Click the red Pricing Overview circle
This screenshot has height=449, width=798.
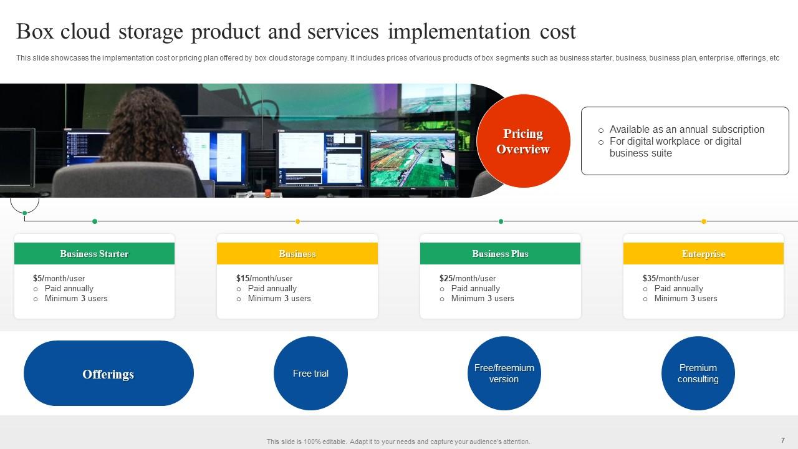pyautogui.click(x=523, y=141)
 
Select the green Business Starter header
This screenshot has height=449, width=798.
pyautogui.click(x=94, y=254)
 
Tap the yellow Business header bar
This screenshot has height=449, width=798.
pyautogui.click(x=297, y=254)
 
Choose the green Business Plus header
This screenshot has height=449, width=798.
pyautogui.click(x=500, y=254)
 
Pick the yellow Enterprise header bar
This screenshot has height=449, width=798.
pyautogui.click(x=703, y=254)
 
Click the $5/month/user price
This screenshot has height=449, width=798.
pyautogui.click(x=59, y=278)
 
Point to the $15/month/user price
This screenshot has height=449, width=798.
pyautogui.click(x=264, y=278)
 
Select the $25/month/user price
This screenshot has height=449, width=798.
pyautogui.click(x=467, y=278)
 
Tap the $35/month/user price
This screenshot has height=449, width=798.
pyautogui.click(x=670, y=278)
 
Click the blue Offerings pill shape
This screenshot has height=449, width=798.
pyautogui.click(x=108, y=374)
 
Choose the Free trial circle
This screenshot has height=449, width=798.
pyautogui.click(x=310, y=373)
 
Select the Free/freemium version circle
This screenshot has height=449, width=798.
pyautogui.click(x=504, y=373)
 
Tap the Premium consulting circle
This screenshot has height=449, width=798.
pyautogui.click(x=698, y=373)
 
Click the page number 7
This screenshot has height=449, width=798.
pyautogui.click(x=782, y=440)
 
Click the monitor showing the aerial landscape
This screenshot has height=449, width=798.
pyautogui.click(x=413, y=159)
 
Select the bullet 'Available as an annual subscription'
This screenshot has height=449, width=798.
pyautogui.click(x=686, y=130)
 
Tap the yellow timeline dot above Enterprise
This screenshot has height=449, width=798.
pyautogui.click(x=704, y=221)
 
